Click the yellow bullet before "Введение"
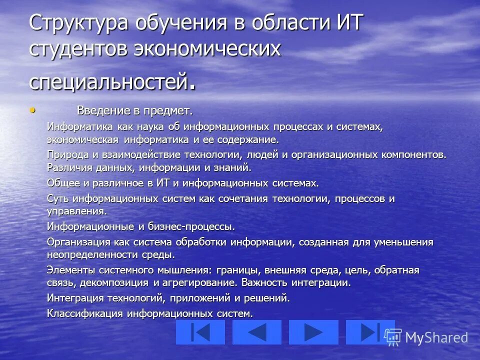coord(33,109)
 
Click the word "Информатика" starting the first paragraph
coord(78,127)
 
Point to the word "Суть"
coord(57,198)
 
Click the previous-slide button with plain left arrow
coord(257,332)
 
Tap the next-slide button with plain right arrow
coord(313,332)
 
